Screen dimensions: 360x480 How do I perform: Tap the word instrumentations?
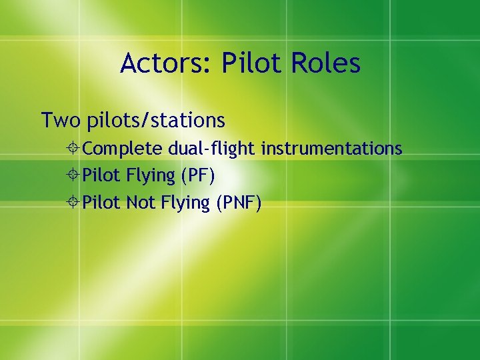[x=331, y=148]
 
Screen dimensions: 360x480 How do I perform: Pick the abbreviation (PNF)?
[x=238, y=203]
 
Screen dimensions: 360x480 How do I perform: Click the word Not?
[x=140, y=203]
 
